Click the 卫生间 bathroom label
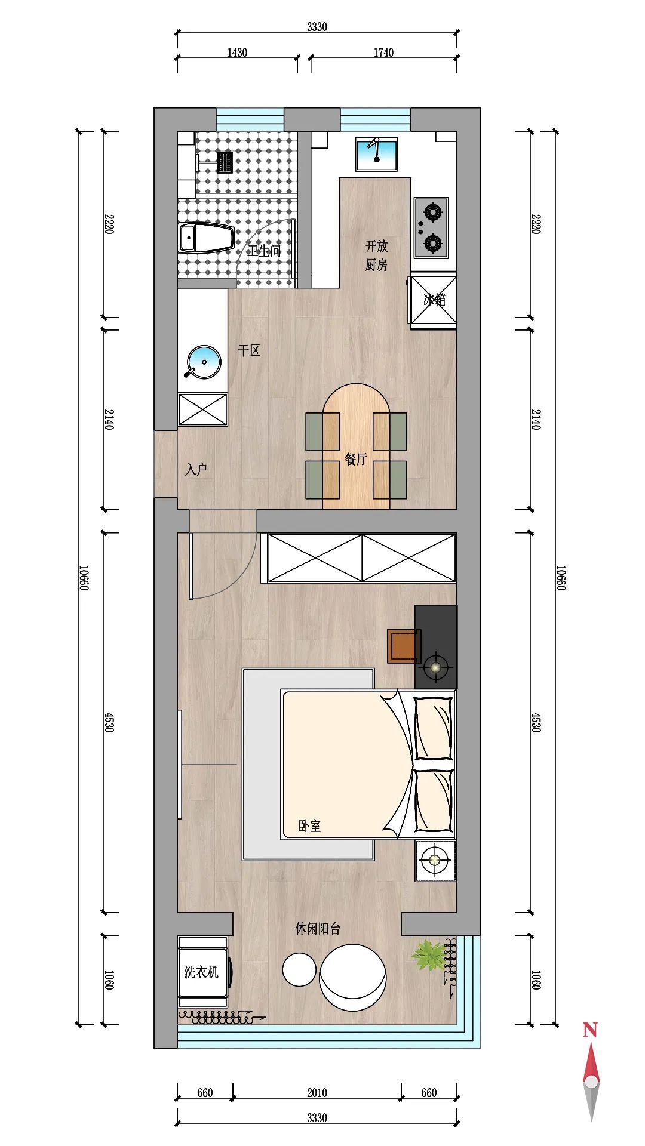coord(265,251)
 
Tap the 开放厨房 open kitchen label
coord(376,255)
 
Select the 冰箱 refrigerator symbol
coord(434,300)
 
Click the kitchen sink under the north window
coord(377,154)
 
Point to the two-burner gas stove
coord(432,227)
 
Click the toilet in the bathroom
coord(206,238)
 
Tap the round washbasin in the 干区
coord(204,362)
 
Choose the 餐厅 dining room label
coord(356,459)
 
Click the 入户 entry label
coord(196,469)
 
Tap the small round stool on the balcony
coord(299,969)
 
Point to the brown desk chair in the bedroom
coord(404,646)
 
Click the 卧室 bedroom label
coord(309,826)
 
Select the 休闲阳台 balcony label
coord(318,929)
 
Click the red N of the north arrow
coord(590,1030)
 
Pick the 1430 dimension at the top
coord(237,53)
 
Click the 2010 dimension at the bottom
coord(317,1093)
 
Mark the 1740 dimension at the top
coord(383,53)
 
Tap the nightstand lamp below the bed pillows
coord(435,860)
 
